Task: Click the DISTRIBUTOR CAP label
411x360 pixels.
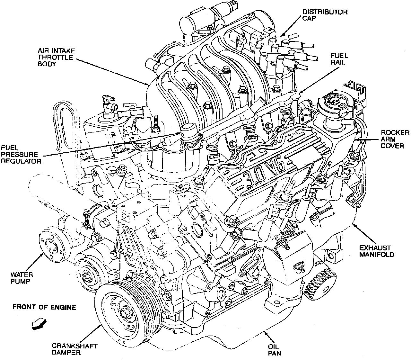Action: click(325, 15)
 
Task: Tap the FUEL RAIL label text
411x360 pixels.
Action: click(339, 59)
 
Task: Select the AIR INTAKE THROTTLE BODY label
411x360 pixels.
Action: click(56, 57)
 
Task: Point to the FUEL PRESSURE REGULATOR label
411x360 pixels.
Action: click(21, 155)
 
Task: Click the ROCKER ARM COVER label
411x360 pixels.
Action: click(395, 139)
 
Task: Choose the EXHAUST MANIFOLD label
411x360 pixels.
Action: click(377, 251)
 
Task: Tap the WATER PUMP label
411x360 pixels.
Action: click(22, 278)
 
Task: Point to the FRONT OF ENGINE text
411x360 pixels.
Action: click(44, 307)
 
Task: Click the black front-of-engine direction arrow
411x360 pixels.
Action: click(39, 324)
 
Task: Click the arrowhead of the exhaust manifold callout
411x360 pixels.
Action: click(355, 225)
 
